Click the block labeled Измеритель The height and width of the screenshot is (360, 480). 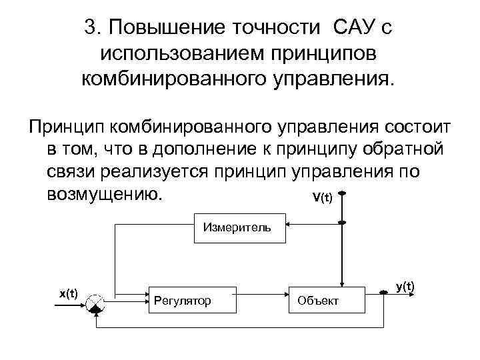[239, 228]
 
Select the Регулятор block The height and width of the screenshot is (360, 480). [191, 301]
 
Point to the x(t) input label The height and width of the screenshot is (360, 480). [69, 293]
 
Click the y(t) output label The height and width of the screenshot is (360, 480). [405, 287]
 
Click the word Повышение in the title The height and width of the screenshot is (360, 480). [162, 27]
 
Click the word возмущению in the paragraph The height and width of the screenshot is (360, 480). [104, 194]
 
